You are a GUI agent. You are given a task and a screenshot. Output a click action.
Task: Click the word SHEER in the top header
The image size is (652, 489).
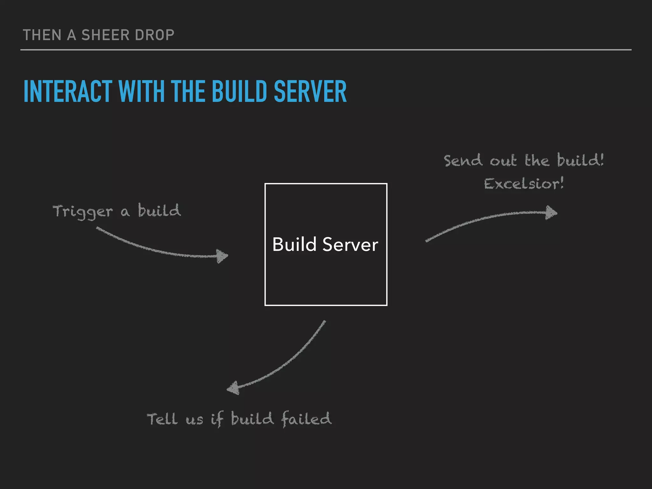101,35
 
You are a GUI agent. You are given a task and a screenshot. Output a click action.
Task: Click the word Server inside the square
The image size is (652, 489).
350,244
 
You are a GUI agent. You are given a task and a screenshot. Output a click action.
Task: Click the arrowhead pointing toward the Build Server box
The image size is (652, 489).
223,256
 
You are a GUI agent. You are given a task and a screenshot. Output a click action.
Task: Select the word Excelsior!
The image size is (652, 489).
524,184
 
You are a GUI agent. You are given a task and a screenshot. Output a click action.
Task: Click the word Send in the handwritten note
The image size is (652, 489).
463,160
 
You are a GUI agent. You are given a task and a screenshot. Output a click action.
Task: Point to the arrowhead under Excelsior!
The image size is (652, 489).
551,213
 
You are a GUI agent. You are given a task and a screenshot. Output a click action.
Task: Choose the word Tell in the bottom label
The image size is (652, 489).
162,419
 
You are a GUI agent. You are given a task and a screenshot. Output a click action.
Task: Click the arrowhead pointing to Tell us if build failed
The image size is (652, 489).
233,388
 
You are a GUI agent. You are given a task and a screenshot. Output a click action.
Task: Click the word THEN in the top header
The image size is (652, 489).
42,35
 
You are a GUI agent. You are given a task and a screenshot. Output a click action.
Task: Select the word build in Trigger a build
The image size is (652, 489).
159,211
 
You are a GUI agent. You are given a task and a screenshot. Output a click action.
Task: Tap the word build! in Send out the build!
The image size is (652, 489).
580,160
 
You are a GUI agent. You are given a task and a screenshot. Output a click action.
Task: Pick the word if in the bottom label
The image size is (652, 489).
217,419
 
